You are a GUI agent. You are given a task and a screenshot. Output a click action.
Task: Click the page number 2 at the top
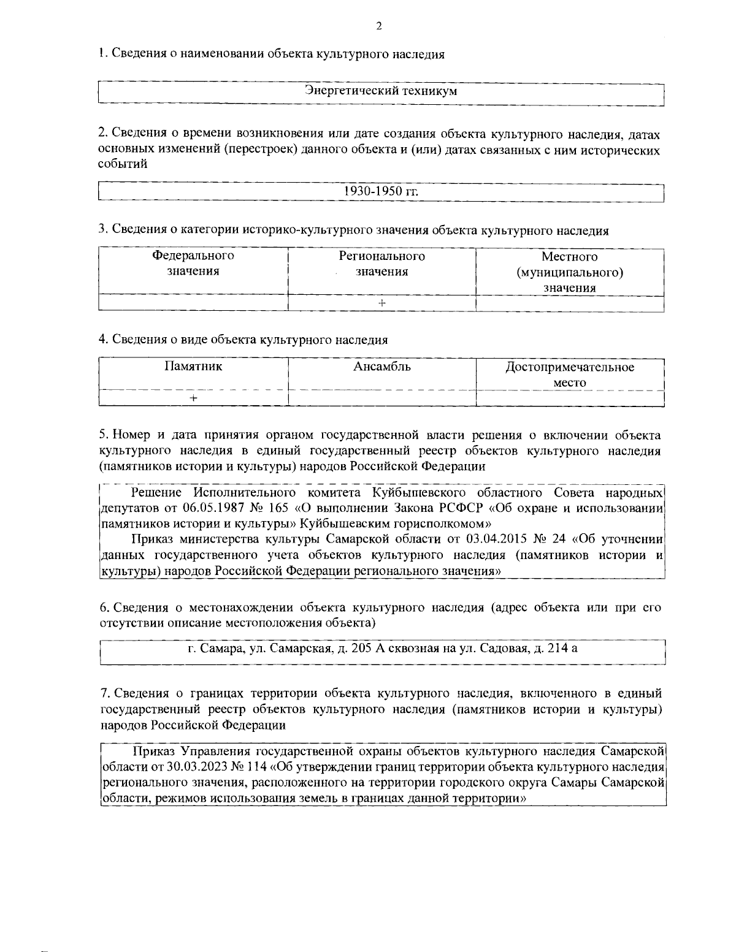click(x=378, y=26)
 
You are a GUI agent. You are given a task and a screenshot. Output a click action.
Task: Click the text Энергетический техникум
click(x=381, y=91)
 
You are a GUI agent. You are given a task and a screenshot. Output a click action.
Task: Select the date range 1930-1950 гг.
click(x=381, y=191)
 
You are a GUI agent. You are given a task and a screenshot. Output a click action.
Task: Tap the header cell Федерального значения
click(x=193, y=264)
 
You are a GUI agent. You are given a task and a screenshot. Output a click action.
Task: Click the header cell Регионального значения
click(x=381, y=264)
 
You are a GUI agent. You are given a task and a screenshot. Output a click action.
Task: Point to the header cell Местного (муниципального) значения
click(x=570, y=272)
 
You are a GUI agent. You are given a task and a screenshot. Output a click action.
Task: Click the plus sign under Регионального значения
click(x=381, y=303)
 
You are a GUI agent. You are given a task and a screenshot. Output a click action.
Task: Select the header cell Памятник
click(x=193, y=367)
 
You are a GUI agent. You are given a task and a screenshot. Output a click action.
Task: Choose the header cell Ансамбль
click(x=381, y=367)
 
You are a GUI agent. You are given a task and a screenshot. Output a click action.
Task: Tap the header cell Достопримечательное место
click(x=570, y=375)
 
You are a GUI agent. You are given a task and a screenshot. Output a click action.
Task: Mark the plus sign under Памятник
click(x=193, y=398)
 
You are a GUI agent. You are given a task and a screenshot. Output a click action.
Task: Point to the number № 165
click(x=266, y=508)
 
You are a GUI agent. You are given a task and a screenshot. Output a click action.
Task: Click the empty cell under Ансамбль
click(x=381, y=398)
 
